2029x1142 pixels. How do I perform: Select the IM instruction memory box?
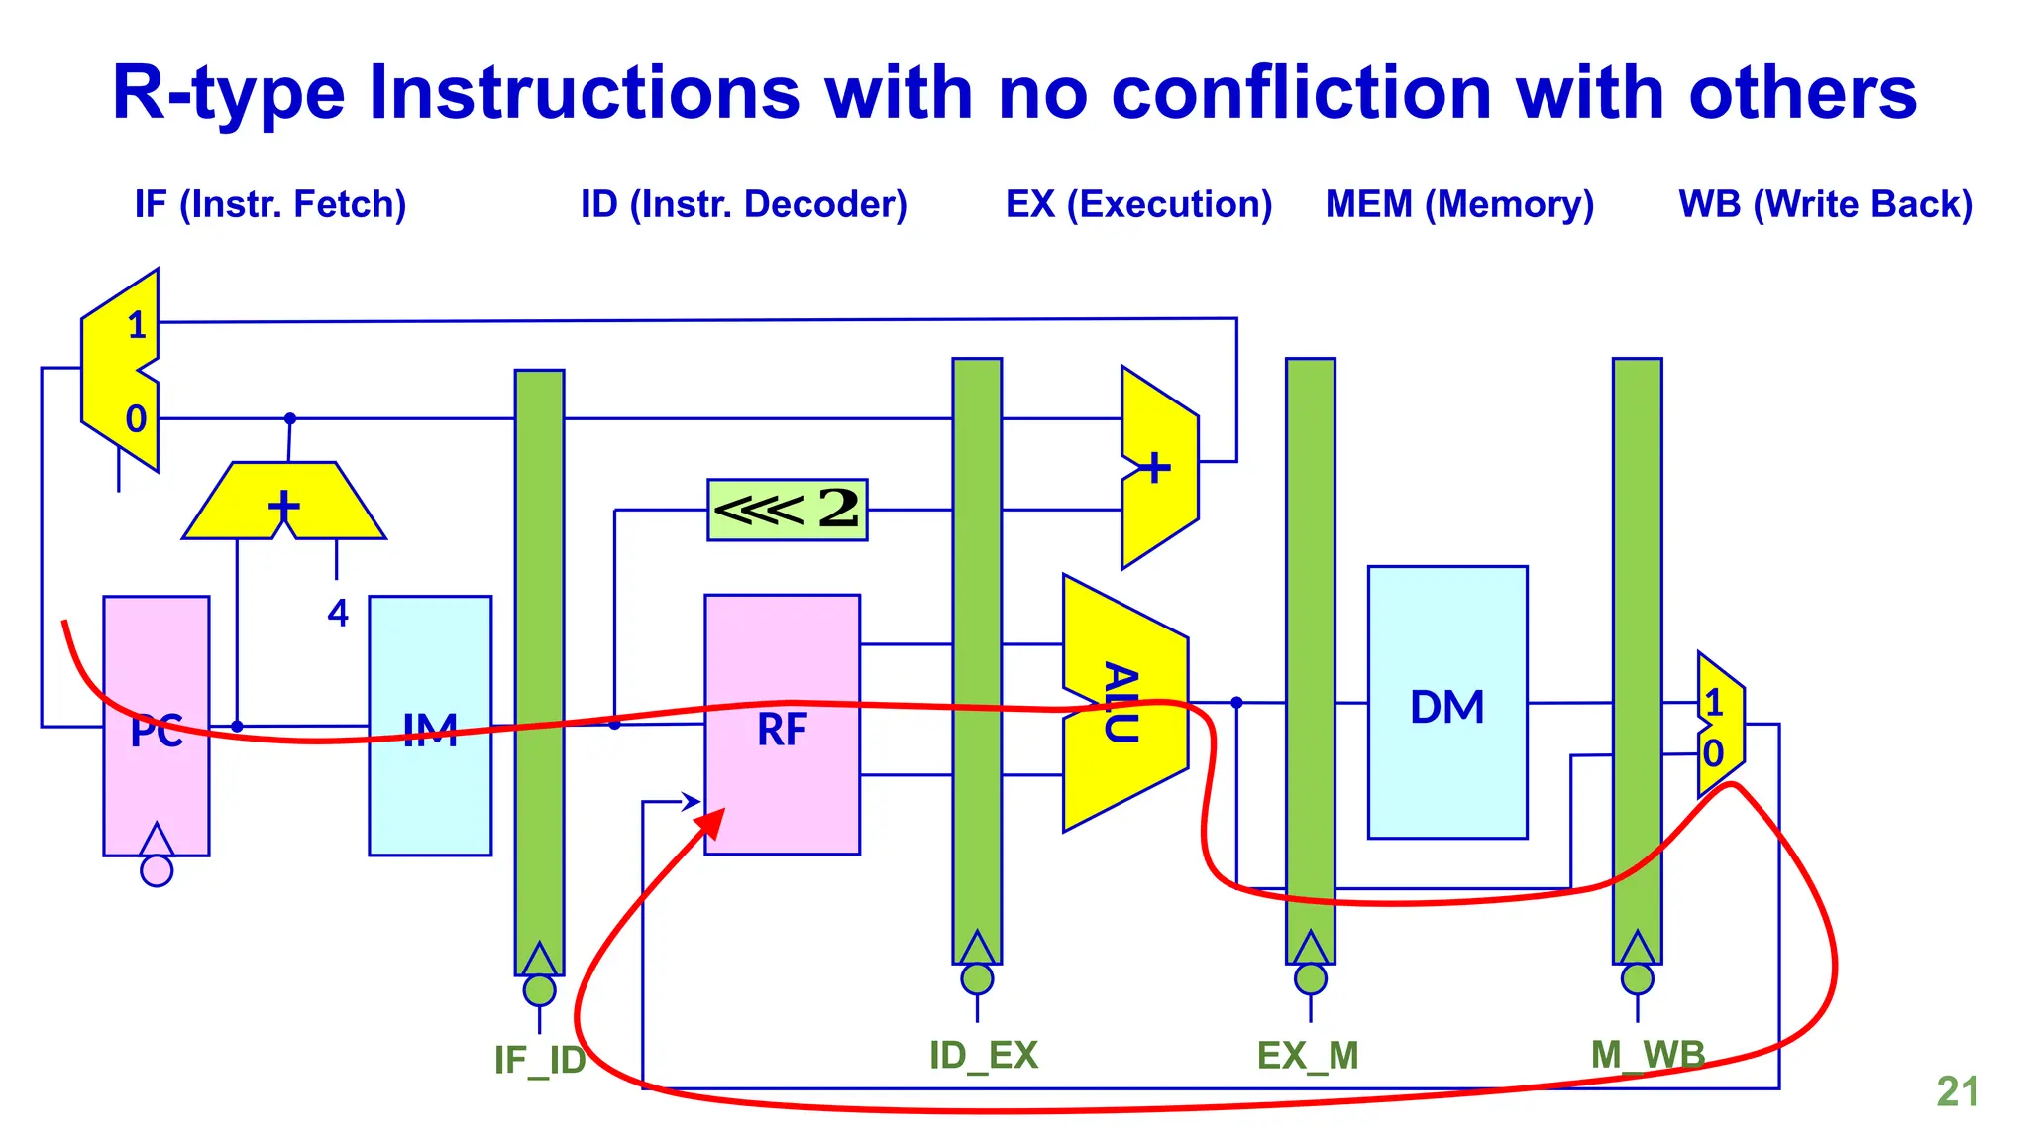point(430,726)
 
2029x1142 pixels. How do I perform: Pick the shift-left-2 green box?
point(787,510)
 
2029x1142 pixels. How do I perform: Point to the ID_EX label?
point(983,1055)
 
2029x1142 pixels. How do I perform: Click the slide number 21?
point(1957,1091)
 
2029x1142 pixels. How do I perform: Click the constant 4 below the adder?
point(338,613)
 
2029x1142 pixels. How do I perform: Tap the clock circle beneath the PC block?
point(157,870)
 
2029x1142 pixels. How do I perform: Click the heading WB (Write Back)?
point(1825,204)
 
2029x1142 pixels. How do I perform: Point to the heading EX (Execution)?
point(1138,204)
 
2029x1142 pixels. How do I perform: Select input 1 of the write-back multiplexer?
point(1714,703)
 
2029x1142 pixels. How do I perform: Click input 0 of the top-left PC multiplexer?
point(136,418)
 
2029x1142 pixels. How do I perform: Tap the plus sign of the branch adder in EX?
point(1154,467)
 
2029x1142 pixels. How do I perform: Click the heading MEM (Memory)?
point(1459,204)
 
